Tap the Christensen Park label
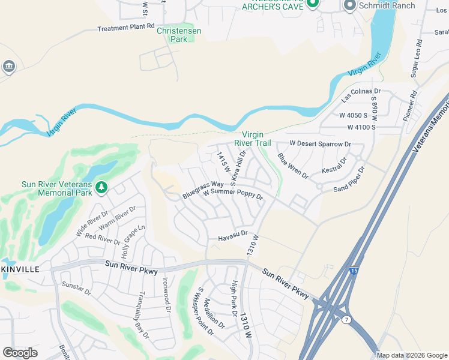tap(179, 35)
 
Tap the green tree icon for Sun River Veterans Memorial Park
tap(102, 188)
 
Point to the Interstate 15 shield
tap(355, 272)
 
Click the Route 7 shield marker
tap(347, 320)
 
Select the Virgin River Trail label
tap(256, 139)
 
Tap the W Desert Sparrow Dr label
tap(320, 144)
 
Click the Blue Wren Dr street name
tap(292, 166)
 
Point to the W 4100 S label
tap(361, 128)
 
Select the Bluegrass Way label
tap(203, 189)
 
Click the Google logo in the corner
tap(20, 353)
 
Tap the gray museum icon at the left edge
tap(9, 65)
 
